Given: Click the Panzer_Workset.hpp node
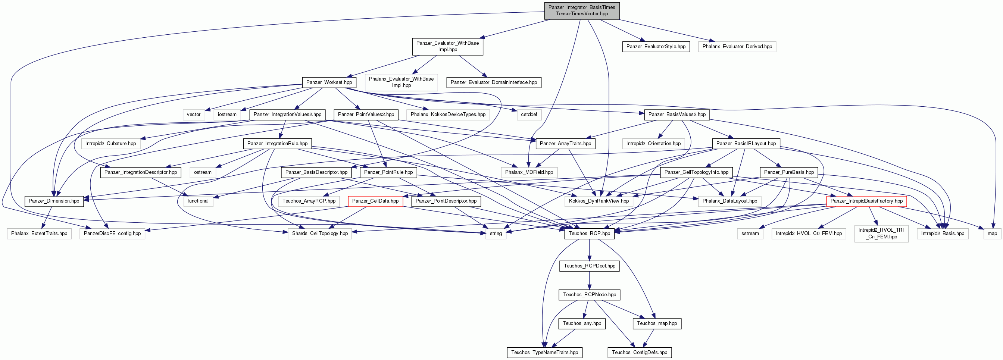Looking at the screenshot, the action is (x=329, y=82).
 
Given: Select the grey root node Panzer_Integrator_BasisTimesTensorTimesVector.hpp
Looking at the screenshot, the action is (x=582, y=10).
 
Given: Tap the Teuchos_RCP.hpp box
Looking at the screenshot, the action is (x=590, y=234).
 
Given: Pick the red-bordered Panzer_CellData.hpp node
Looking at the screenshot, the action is (x=375, y=201).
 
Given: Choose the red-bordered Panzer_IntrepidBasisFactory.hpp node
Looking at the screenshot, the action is (x=866, y=201).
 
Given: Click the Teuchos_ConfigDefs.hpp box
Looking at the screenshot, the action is (x=639, y=353).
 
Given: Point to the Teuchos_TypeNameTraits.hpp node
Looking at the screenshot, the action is (x=544, y=353).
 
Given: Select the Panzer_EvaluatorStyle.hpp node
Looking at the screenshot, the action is (x=656, y=47).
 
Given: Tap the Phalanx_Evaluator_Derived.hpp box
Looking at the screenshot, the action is (x=737, y=47).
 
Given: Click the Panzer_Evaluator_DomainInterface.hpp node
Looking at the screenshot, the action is (x=494, y=82).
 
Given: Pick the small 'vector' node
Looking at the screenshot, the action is (x=194, y=115).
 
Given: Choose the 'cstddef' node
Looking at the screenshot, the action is (x=529, y=115).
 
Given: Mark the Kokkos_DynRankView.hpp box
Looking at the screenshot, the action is (x=599, y=201).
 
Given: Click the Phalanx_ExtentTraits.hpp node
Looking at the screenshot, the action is (x=39, y=234).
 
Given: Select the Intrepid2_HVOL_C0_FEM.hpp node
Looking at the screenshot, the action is (x=808, y=234).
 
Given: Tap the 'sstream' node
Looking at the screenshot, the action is (x=750, y=234).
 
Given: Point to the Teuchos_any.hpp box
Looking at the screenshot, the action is (x=582, y=323).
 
